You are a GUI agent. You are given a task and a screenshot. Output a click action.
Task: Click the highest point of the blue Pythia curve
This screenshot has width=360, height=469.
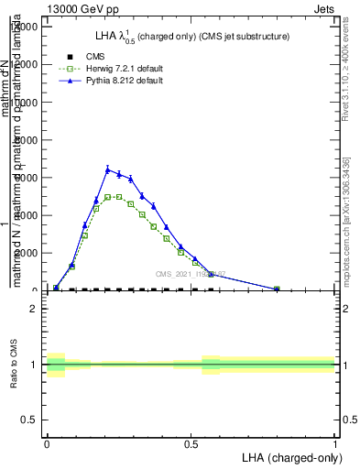[x=107, y=169]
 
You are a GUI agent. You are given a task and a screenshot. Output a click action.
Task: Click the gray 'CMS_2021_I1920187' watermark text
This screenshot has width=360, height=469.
[x=191, y=274]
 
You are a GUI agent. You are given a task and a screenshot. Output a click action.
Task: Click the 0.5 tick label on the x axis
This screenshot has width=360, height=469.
[x=191, y=442]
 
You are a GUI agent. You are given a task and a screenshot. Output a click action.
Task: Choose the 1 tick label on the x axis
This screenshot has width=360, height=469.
[x=334, y=442]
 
